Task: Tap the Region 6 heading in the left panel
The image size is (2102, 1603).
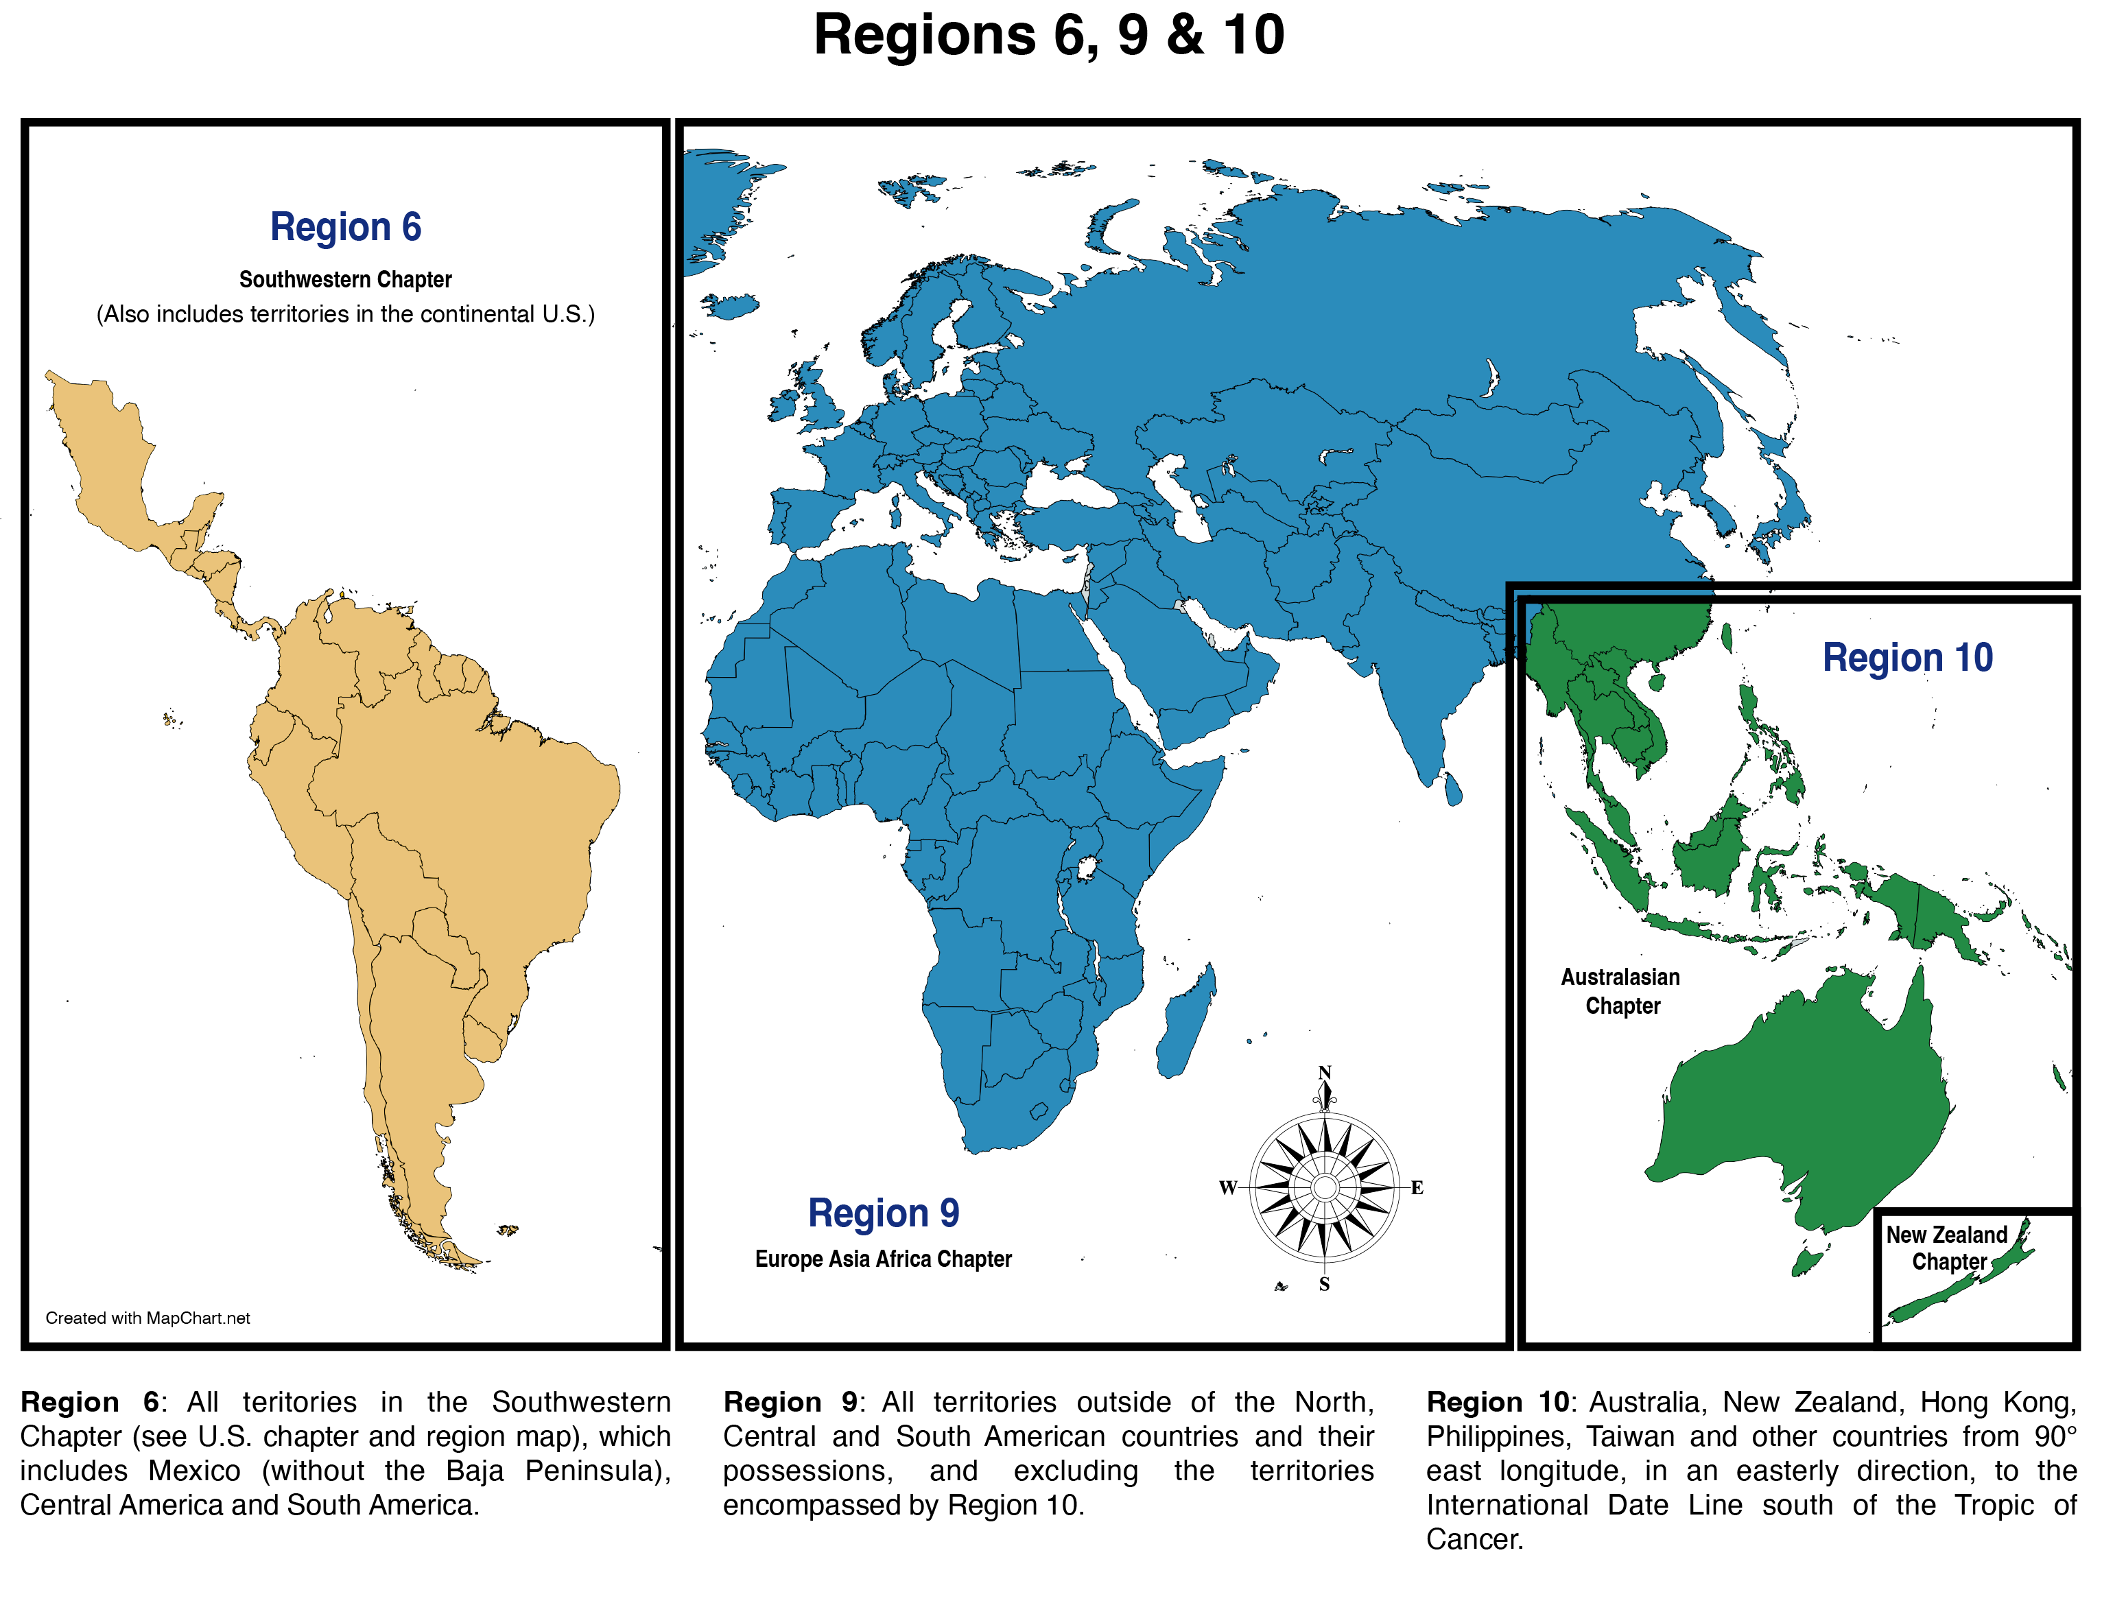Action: (345, 227)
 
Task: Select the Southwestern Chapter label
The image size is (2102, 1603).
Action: (345, 280)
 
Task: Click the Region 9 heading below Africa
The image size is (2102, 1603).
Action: (883, 1213)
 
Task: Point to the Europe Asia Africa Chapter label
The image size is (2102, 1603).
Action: (883, 1259)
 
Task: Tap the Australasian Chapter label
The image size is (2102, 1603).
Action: (1621, 991)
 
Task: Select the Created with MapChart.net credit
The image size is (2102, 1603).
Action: (148, 1318)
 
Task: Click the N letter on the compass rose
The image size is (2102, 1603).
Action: (1324, 1073)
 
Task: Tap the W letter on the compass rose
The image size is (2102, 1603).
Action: (1228, 1188)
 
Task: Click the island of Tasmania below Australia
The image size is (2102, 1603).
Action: (1807, 1261)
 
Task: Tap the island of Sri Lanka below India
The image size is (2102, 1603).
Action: (1452, 789)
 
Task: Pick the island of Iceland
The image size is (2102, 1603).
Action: (731, 305)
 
